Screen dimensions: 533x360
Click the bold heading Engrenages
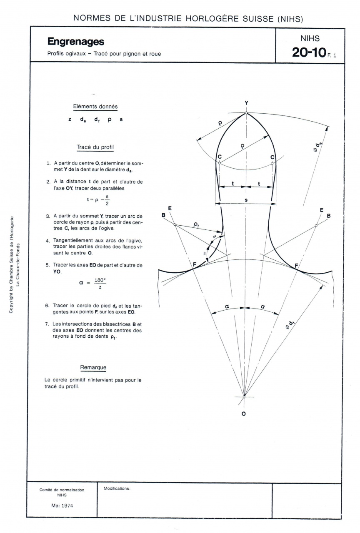coord(75,42)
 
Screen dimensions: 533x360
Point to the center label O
coord(244,413)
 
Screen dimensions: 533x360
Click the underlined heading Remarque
coord(93,367)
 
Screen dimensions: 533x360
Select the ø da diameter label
coord(318,146)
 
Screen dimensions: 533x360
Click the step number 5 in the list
coord(48,265)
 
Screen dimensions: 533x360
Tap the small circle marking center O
coord(244,396)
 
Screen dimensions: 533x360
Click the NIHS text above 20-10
coord(310,38)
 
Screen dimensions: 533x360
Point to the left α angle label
coord(227,306)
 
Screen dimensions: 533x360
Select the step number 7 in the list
coord(48,324)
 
